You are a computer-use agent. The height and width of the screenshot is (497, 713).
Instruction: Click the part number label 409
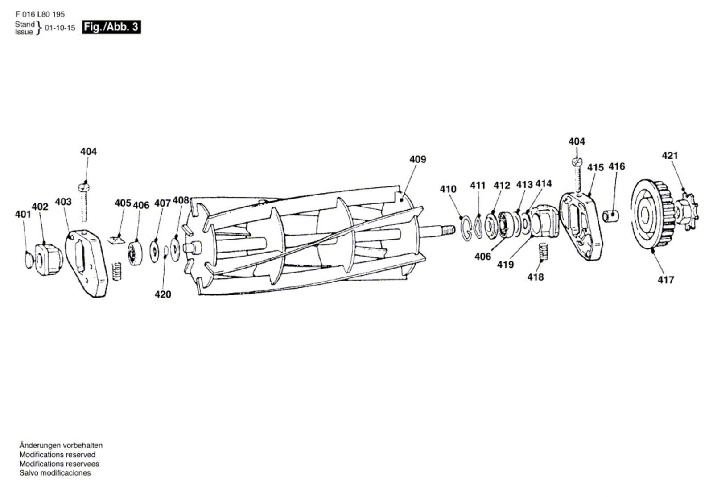[417, 159]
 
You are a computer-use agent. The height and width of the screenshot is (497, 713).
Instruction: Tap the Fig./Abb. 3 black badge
[111, 27]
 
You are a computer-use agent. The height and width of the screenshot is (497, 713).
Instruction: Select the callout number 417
[665, 280]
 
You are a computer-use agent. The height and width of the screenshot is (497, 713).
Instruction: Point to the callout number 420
[163, 294]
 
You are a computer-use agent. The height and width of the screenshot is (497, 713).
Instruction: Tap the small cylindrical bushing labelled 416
[612, 216]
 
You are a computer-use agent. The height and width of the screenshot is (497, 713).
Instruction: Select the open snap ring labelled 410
[466, 228]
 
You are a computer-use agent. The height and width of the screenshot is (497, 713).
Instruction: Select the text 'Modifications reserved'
[57, 455]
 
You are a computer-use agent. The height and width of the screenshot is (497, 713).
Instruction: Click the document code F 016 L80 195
[40, 14]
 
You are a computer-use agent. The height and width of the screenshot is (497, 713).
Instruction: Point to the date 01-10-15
[60, 28]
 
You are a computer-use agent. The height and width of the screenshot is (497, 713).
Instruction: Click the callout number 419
[505, 265]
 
